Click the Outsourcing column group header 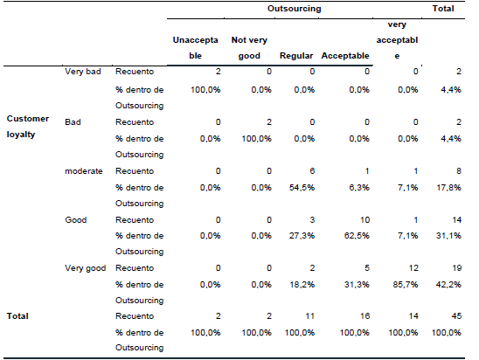point(295,9)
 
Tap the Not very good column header point(249,48)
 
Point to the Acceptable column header point(345,57)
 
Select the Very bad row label point(81,72)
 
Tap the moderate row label point(84,172)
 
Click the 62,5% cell point(353,235)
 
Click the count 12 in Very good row point(401,269)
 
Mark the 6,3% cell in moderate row point(356,187)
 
